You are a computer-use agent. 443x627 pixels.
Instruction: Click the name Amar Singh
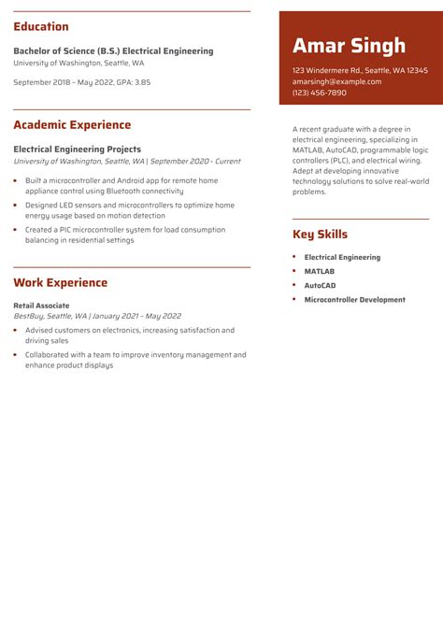(x=349, y=46)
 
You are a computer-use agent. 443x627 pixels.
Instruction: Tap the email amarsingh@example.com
(x=336, y=81)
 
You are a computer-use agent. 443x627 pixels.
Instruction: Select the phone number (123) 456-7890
(x=319, y=93)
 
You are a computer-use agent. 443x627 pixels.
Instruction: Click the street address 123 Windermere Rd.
(x=327, y=70)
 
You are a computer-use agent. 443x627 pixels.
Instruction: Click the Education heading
(x=41, y=27)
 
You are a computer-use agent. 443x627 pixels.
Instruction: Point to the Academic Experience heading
(x=72, y=125)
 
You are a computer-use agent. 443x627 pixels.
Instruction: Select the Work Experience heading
(x=60, y=282)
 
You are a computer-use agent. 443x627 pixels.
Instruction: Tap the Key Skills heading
(x=320, y=235)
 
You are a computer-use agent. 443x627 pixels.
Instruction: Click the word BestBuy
(x=28, y=317)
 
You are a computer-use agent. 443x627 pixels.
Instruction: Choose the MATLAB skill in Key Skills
(x=321, y=272)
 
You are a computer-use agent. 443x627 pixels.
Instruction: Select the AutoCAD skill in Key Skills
(x=320, y=286)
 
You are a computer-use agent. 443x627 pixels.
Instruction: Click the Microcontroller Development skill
(x=354, y=300)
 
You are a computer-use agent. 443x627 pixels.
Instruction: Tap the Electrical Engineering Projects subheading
(x=77, y=149)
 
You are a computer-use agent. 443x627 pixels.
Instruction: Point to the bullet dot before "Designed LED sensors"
(x=15, y=205)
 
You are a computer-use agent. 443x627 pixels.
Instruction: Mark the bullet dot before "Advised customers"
(x=15, y=330)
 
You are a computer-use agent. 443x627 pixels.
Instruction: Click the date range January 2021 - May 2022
(x=136, y=317)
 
